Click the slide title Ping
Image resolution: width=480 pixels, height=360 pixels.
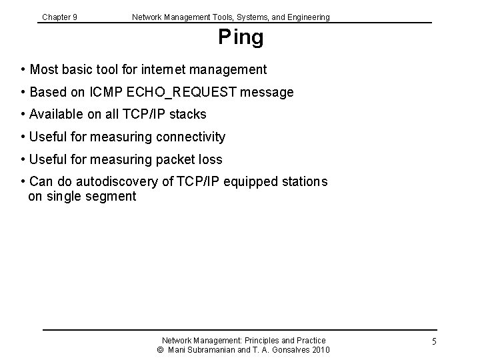click(x=241, y=38)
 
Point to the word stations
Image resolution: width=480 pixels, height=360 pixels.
click(x=303, y=182)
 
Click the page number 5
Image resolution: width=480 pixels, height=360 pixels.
click(x=433, y=342)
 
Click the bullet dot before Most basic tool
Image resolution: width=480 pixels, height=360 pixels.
click(x=23, y=69)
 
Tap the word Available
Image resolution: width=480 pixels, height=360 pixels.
click(x=55, y=114)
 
